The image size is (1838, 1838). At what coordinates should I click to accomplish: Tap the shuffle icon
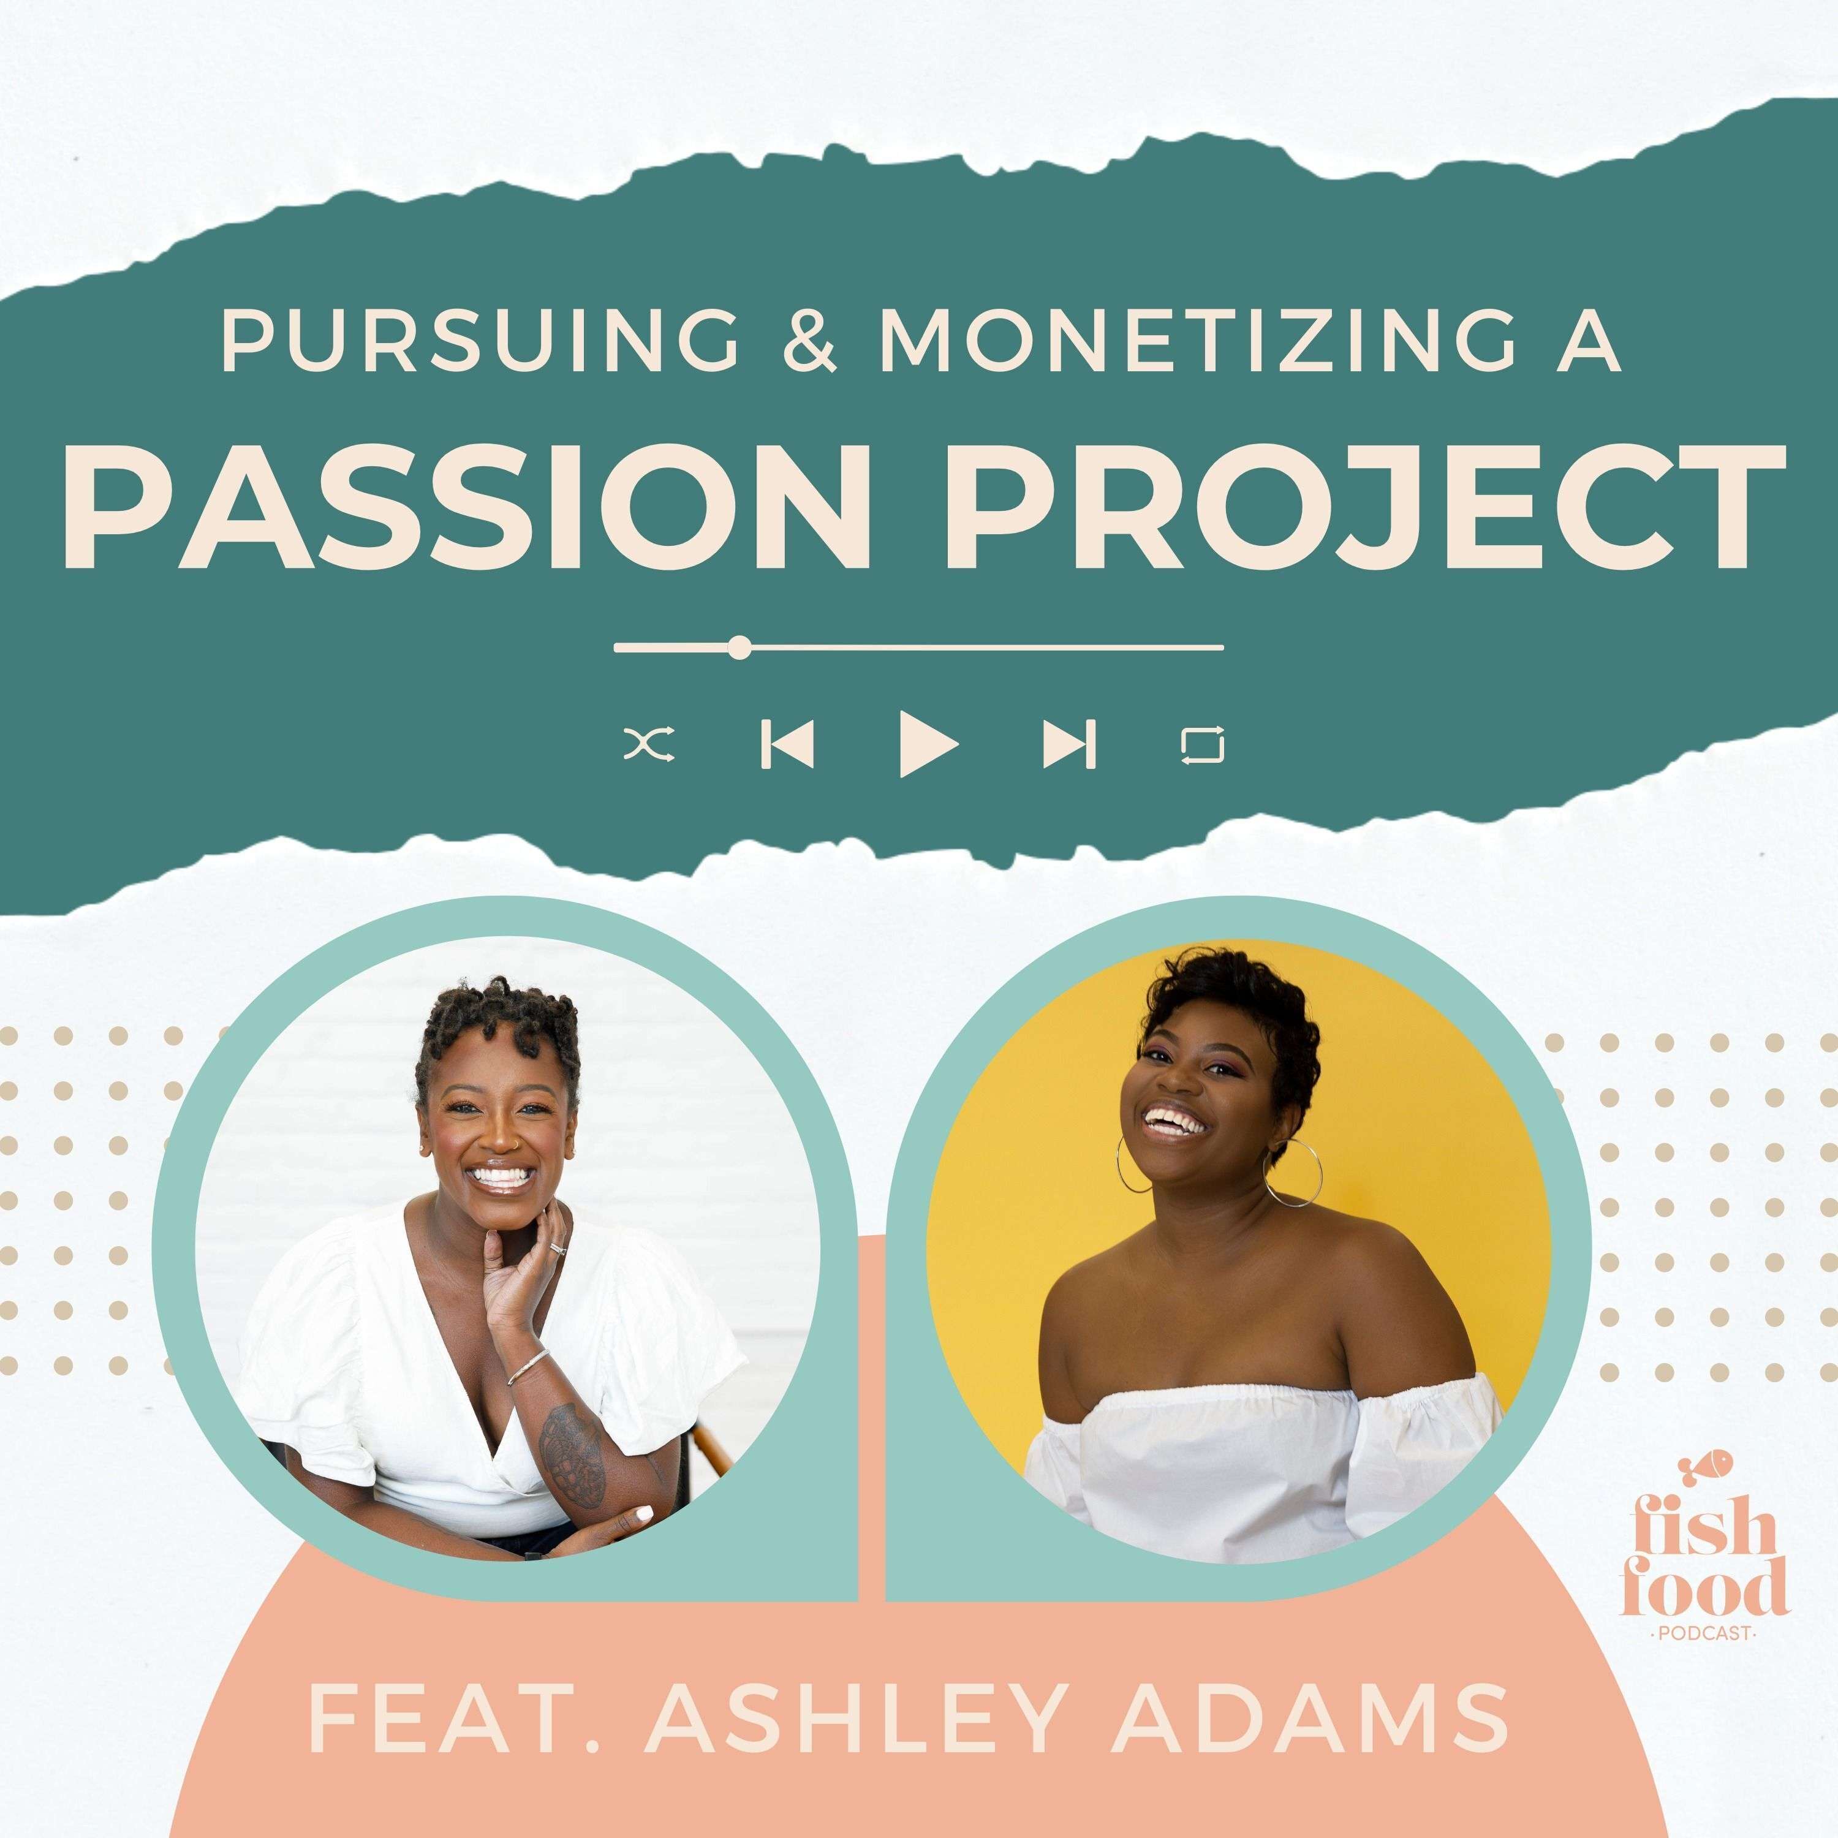650,745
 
